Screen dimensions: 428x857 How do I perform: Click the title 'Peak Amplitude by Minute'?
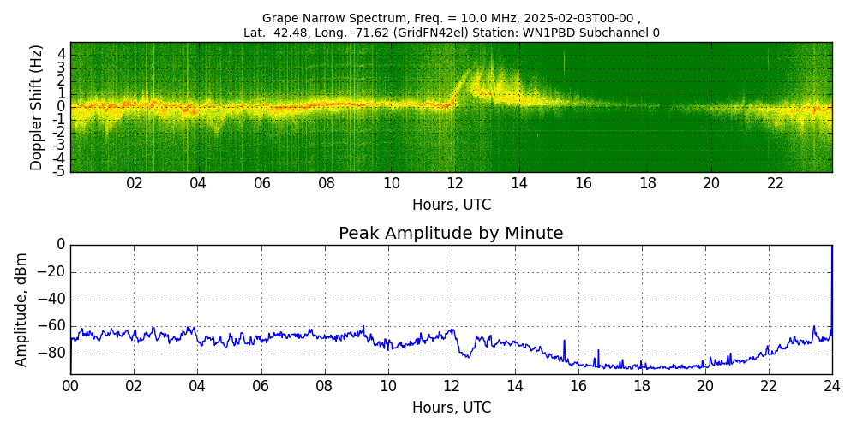tap(451, 234)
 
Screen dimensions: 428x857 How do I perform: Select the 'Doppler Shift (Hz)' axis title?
tap(36, 107)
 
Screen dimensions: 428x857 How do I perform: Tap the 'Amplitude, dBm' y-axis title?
tap(22, 309)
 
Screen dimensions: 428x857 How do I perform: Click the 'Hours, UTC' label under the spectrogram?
tap(452, 205)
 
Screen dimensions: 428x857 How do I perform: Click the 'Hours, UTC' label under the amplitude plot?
tap(452, 407)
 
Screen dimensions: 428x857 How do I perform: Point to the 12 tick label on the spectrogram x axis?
tap(455, 183)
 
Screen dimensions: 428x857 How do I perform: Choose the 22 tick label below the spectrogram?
tap(776, 183)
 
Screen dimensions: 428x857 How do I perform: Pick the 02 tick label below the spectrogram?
tap(135, 183)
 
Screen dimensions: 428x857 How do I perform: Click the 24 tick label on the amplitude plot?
tap(832, 386)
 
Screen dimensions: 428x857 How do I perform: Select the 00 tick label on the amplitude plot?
tap(70, 386)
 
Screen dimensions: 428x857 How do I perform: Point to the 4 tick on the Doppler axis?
tap(62, 53)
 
